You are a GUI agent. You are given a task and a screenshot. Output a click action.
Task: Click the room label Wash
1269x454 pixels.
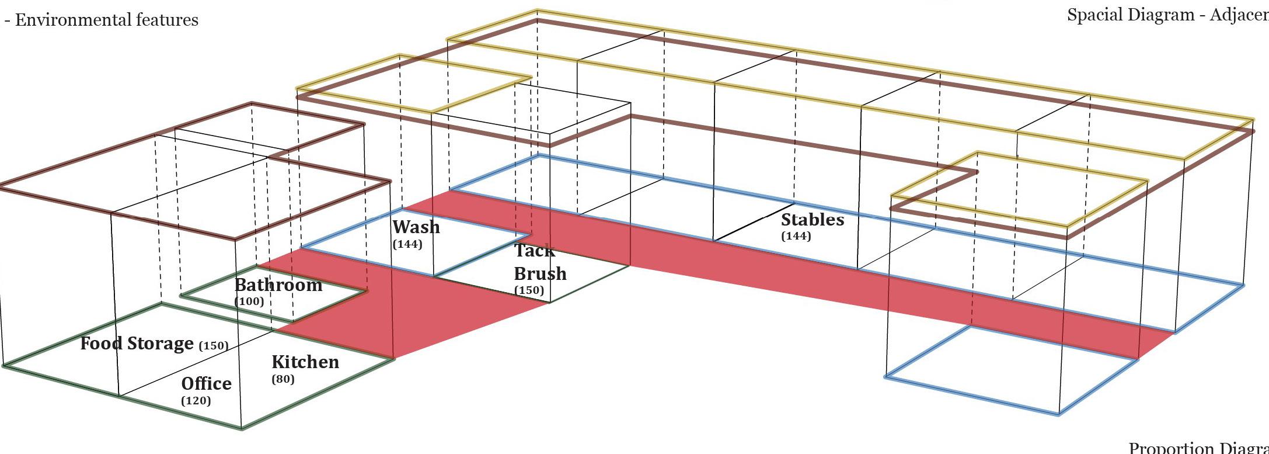[x=416, y=227]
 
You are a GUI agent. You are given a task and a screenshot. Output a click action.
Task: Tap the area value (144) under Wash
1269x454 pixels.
[x=407, y=244]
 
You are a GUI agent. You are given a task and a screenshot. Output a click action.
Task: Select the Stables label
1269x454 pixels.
[x=812, y=220]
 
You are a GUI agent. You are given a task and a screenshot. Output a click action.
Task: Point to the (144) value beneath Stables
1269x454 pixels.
[x=796, y=236]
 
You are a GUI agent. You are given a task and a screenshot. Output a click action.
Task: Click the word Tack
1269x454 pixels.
[x=534, y=251]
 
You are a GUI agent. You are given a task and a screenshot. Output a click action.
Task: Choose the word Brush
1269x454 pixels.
[x=540, y=273]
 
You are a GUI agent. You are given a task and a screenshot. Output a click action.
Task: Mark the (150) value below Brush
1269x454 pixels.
[x=529, y=290]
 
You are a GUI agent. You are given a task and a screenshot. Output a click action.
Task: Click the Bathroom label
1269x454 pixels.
[x=278, y=285]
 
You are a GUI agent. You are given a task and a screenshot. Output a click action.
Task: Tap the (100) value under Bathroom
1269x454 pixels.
[x=249, y=301]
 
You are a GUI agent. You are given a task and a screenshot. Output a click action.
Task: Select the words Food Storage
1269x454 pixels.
[x=137, y=343]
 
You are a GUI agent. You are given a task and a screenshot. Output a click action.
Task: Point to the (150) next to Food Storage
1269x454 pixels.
[x=214, y=345]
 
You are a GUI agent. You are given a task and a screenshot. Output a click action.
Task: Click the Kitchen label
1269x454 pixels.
[x=305, y=362]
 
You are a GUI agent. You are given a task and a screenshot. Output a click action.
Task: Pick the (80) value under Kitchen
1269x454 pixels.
[x=283, y=379]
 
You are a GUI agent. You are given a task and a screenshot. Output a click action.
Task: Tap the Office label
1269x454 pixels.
[x=206, y=383]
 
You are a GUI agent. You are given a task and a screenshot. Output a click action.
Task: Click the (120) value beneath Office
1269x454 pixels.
[x=196, y=400]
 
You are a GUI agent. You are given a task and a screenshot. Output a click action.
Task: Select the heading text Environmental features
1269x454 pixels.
[x=107, y=20]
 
